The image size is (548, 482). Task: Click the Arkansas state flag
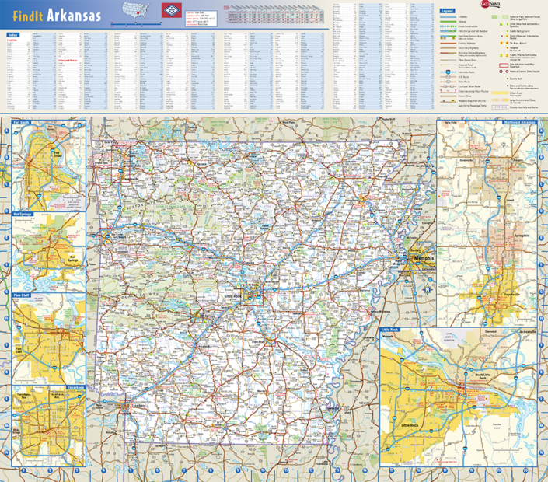[x=169, y=12]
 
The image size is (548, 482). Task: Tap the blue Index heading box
[x=13, y=35]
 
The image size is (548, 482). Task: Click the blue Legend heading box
[x=447, y=12]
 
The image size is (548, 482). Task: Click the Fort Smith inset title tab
[x=21, y=123]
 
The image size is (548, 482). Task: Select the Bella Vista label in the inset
[x=449, y=123]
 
